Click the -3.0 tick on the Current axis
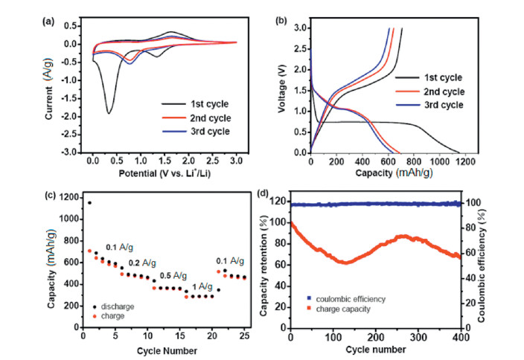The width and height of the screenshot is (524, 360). pos(74,152)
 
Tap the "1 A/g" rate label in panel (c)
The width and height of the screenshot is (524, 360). pos(199,286)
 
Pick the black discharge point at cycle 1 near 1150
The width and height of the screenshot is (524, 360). pos(90,202)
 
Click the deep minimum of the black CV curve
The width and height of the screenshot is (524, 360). pos(109,113)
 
